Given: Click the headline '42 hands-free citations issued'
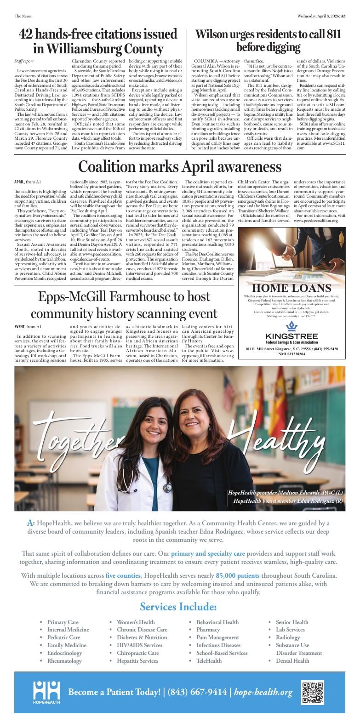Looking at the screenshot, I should point(98,34).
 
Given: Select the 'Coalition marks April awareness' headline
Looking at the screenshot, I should point(180,166).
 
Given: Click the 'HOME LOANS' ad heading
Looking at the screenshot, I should point(291,288).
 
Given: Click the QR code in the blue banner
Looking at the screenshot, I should point(313,692).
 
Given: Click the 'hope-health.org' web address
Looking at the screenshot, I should point(263,692).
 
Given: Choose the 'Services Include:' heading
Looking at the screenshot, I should point(178,607).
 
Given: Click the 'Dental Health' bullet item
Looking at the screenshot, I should point(292,660).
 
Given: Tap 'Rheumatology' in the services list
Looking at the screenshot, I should point(64,660).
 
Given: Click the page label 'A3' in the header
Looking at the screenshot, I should point(343,16).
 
